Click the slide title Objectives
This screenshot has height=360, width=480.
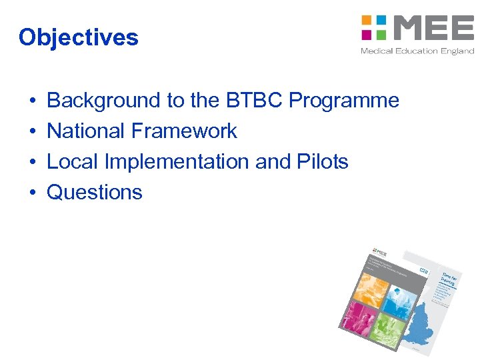[x=79, y=37]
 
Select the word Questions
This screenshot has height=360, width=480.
[x=95, y=193]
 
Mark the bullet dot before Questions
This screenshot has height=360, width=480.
[x=33, y=193]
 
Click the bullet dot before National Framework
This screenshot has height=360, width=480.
[x=33, y=131]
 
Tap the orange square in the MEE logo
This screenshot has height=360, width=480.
[x=366, y=20]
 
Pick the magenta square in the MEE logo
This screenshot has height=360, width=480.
[x=366, y=34]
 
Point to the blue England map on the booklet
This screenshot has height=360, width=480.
[x=427, y=327]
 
